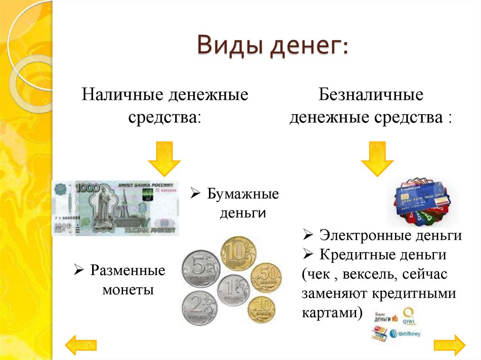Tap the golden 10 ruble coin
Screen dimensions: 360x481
238,253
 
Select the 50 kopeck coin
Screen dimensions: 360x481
266,277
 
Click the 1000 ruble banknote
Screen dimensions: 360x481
116,208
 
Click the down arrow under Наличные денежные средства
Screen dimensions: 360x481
164,159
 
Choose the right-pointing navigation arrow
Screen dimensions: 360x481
449,345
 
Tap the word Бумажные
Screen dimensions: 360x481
242,194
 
